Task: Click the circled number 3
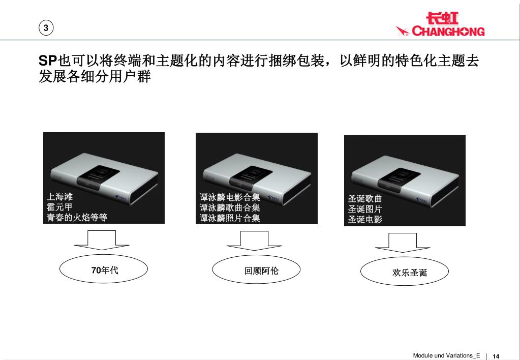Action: coord(46,28)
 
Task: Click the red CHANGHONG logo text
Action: coord(448,31)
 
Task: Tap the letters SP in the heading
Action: coord(48,61)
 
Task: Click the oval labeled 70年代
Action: coord(104,269)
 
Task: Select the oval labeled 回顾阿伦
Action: coord(256,269)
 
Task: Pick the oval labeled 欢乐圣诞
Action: coord(405,271)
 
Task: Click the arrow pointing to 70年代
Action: coord(102,240)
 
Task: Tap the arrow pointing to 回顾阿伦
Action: coord(254,241)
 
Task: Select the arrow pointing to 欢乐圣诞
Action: coord(403,243)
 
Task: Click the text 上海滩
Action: coord(59,196)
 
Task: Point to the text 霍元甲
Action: coord(59,207)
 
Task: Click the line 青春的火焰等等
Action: coord(77,217)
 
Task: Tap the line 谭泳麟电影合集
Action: coord(230,197)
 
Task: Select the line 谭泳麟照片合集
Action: coord(230,218)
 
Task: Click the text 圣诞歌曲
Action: coord(365,198)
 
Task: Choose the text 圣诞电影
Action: coord(365,219)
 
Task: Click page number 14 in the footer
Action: coord(496,356)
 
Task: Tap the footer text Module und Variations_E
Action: coord(446,355)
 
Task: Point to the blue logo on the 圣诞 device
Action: coord(423,199)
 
